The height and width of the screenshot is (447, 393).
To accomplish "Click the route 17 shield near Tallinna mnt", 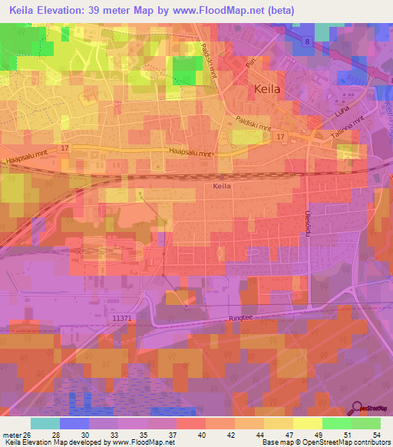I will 280,137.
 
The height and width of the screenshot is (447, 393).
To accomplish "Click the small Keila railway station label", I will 221,186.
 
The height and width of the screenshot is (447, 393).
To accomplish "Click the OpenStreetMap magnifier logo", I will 356,409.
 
